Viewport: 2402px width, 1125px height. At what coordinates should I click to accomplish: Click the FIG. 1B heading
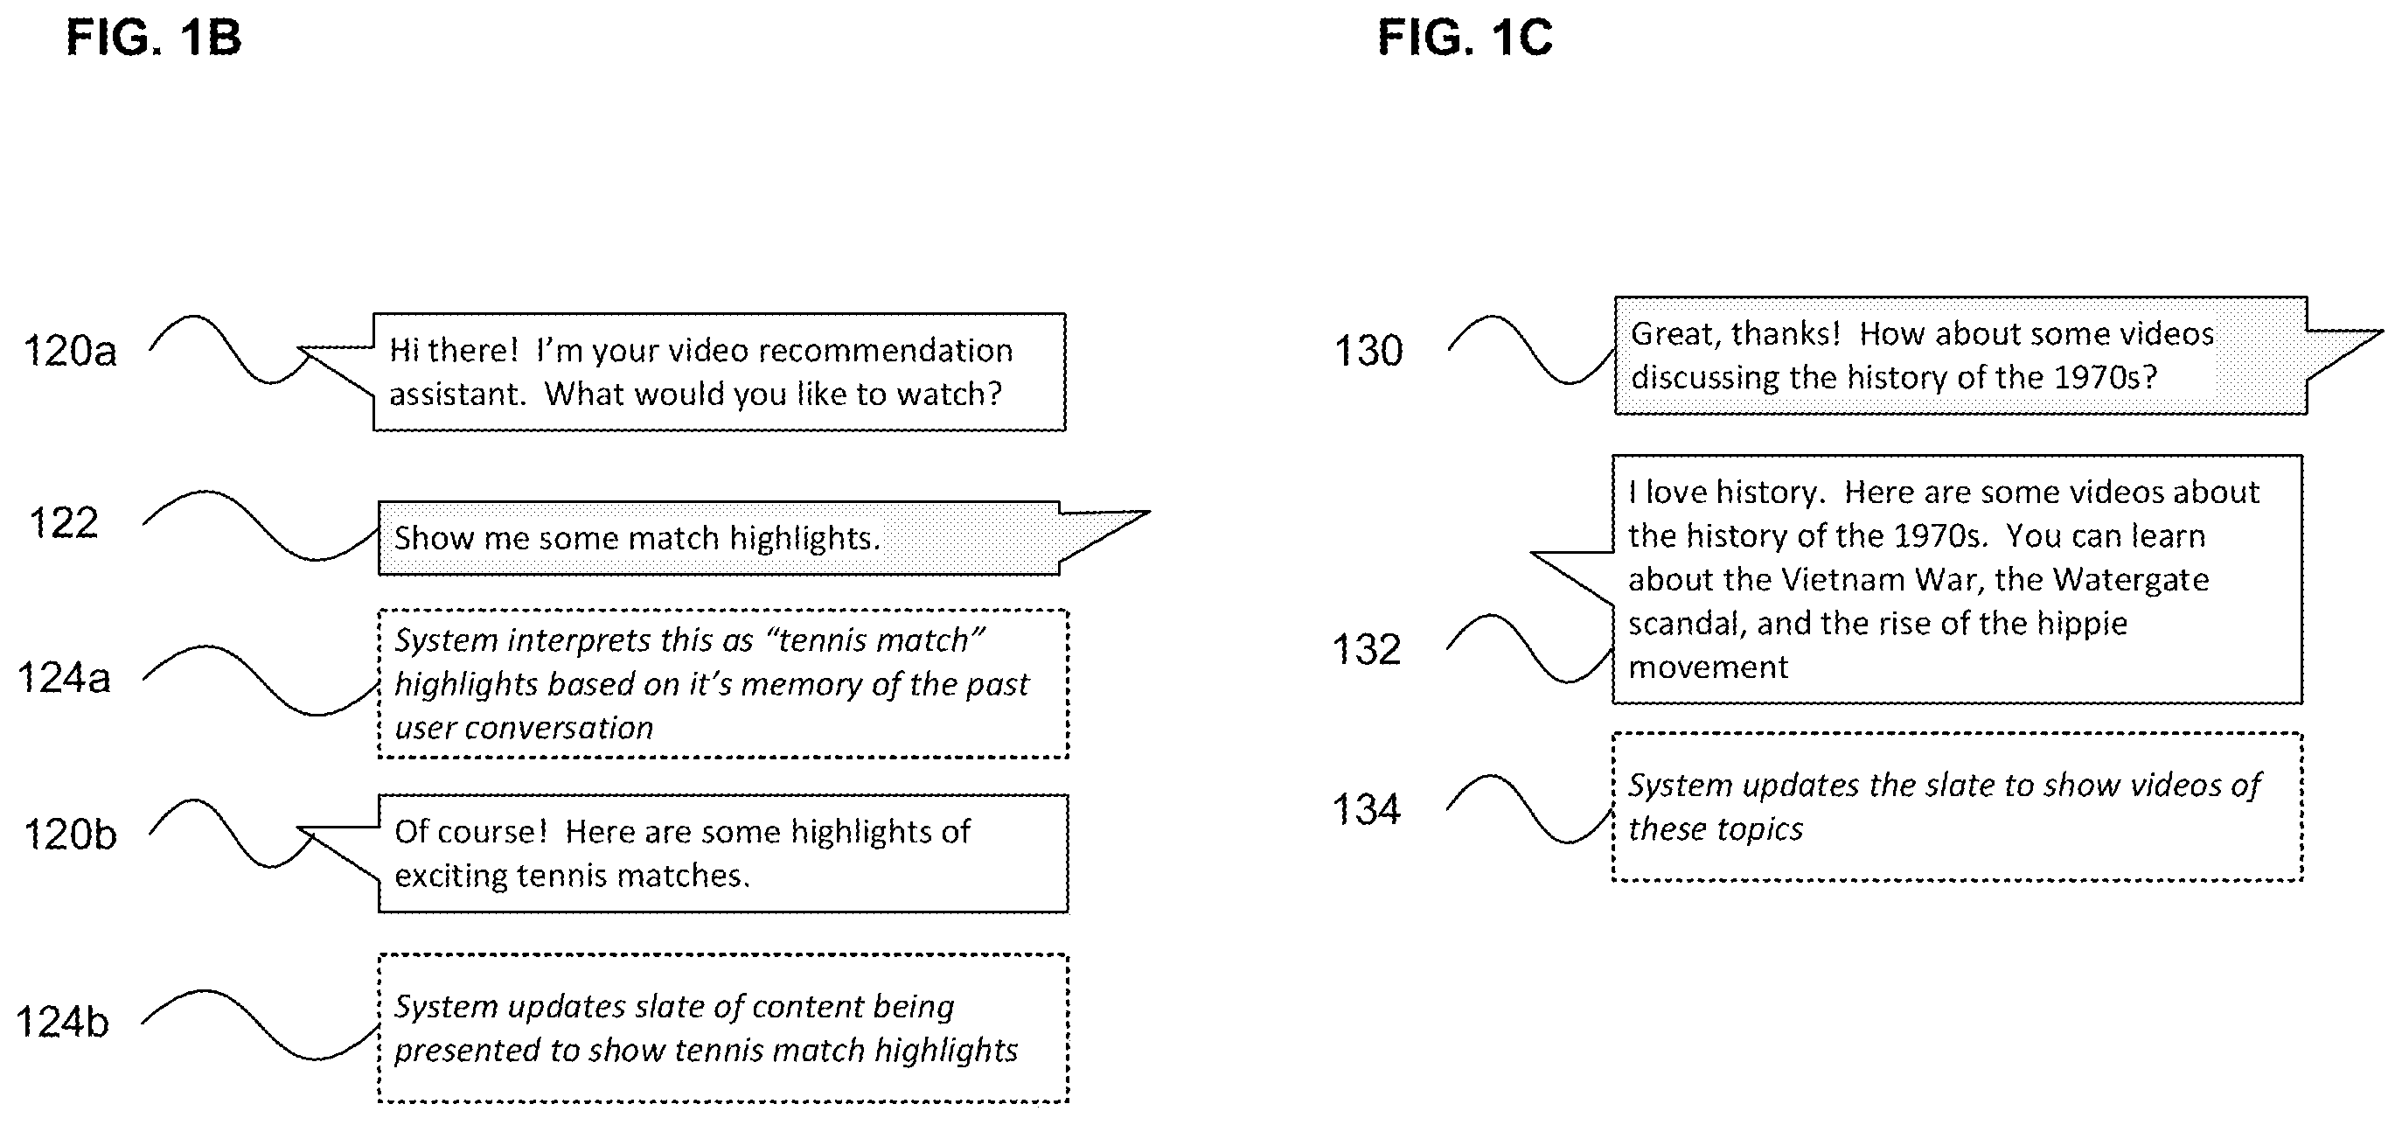pos(154,38)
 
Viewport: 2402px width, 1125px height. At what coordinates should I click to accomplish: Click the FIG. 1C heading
pos(1465,38)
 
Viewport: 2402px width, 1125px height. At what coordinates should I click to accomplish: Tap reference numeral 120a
pos(70,352)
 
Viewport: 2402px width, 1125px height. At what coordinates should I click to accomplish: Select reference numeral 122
pos(64,523)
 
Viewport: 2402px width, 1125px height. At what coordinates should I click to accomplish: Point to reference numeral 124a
pos(65,678)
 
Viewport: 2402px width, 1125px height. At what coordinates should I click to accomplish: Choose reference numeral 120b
pos(71,834)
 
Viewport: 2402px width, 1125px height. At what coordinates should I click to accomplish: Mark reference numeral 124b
pos(62,1023)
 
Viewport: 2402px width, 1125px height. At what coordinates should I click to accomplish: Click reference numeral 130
pos(1368,352)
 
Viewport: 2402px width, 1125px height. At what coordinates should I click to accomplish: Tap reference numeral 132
pos(1367,650)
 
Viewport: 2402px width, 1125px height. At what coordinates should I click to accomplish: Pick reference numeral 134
pos(1367,810)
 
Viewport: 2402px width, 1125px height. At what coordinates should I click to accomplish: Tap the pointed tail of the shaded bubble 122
pos(1149,512)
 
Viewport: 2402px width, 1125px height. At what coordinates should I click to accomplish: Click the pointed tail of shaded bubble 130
pos(2382,332)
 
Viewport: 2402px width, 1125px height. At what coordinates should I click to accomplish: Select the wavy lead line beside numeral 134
pos(1530,809)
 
